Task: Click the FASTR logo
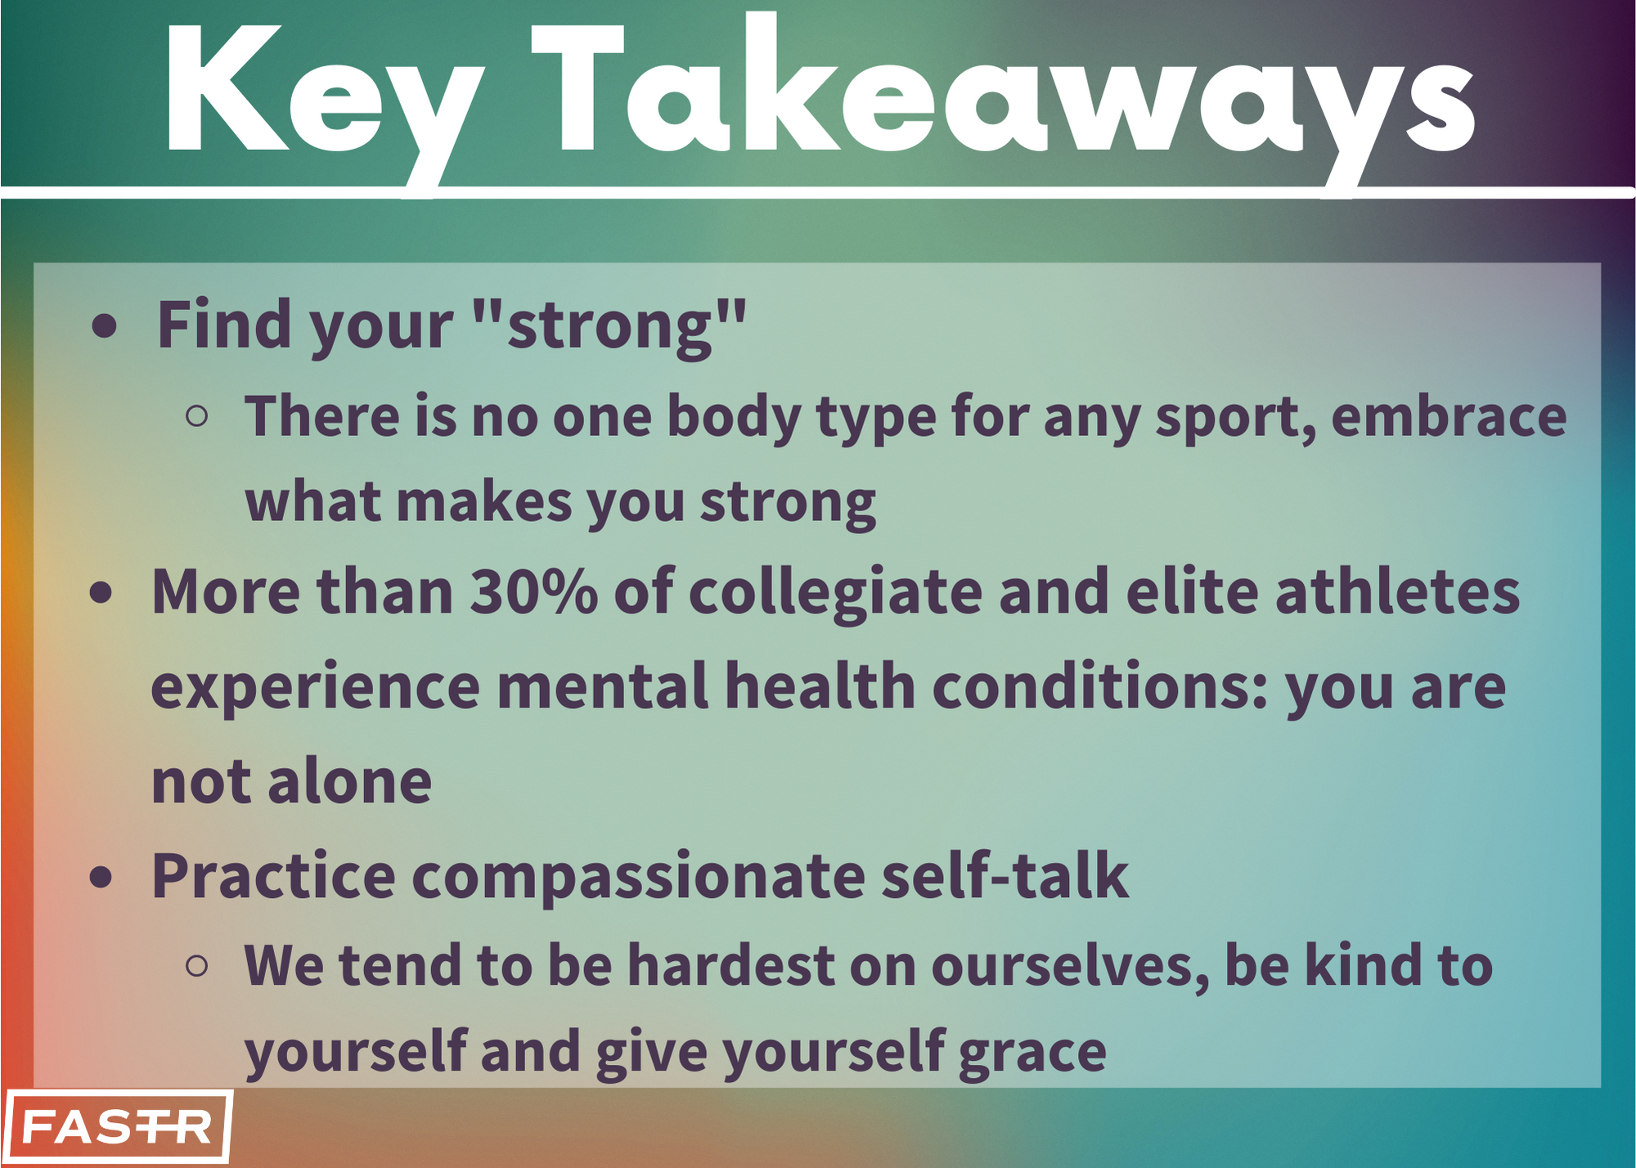tap(117, 1126)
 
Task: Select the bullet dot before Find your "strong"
tap(105, 326)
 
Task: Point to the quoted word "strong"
tap(610, 326)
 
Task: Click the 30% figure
tap(533, 591)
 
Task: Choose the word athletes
tap(1397, 591)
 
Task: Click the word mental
tap(602, 686)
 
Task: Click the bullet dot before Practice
tap(101, 877)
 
